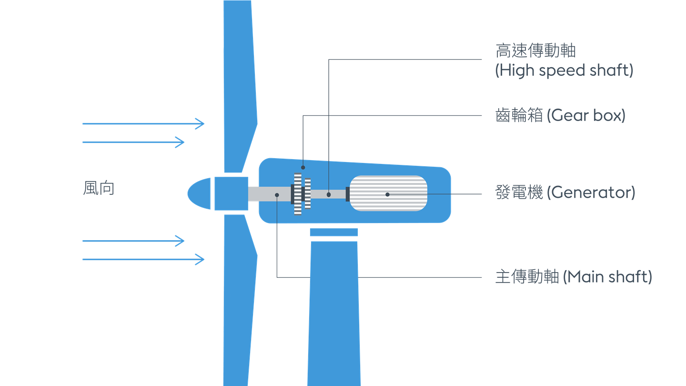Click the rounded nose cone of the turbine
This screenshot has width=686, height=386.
(x=199, y=193)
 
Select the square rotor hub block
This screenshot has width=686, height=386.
(x=231, y=193)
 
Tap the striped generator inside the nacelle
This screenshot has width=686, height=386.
(x=388, y=193)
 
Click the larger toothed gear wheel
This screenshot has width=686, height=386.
(x=298, y=194)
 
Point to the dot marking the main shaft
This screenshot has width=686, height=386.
(x=277, y=195)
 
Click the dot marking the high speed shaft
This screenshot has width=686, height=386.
(x=329, y=195)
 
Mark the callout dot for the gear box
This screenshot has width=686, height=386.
(x=303, y=168)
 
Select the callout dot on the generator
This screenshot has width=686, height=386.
(x=387, y=194)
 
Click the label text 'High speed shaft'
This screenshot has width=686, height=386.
(x=564, y=71)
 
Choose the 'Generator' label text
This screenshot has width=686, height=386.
(x=591, y=193)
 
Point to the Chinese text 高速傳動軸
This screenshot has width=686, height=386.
(x=535, y=51)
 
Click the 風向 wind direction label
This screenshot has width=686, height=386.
(x=99, y=188)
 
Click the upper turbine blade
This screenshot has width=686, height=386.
(x=240, y=86)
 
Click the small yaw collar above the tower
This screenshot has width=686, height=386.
(x=334, y=232)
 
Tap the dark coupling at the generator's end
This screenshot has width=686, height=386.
(x=348, y=194)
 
